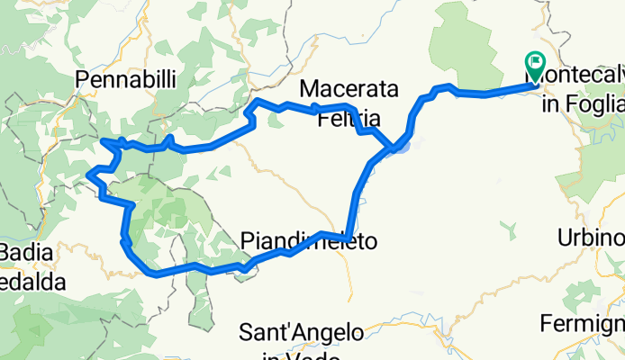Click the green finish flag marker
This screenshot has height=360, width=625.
pos(535,63)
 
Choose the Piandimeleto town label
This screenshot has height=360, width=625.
pos(308,240)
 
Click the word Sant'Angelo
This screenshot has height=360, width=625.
pos(302,332)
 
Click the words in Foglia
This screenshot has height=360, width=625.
pos(583,105)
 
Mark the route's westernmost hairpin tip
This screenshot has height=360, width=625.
pos(87,175)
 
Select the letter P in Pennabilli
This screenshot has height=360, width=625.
pos(84,80)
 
